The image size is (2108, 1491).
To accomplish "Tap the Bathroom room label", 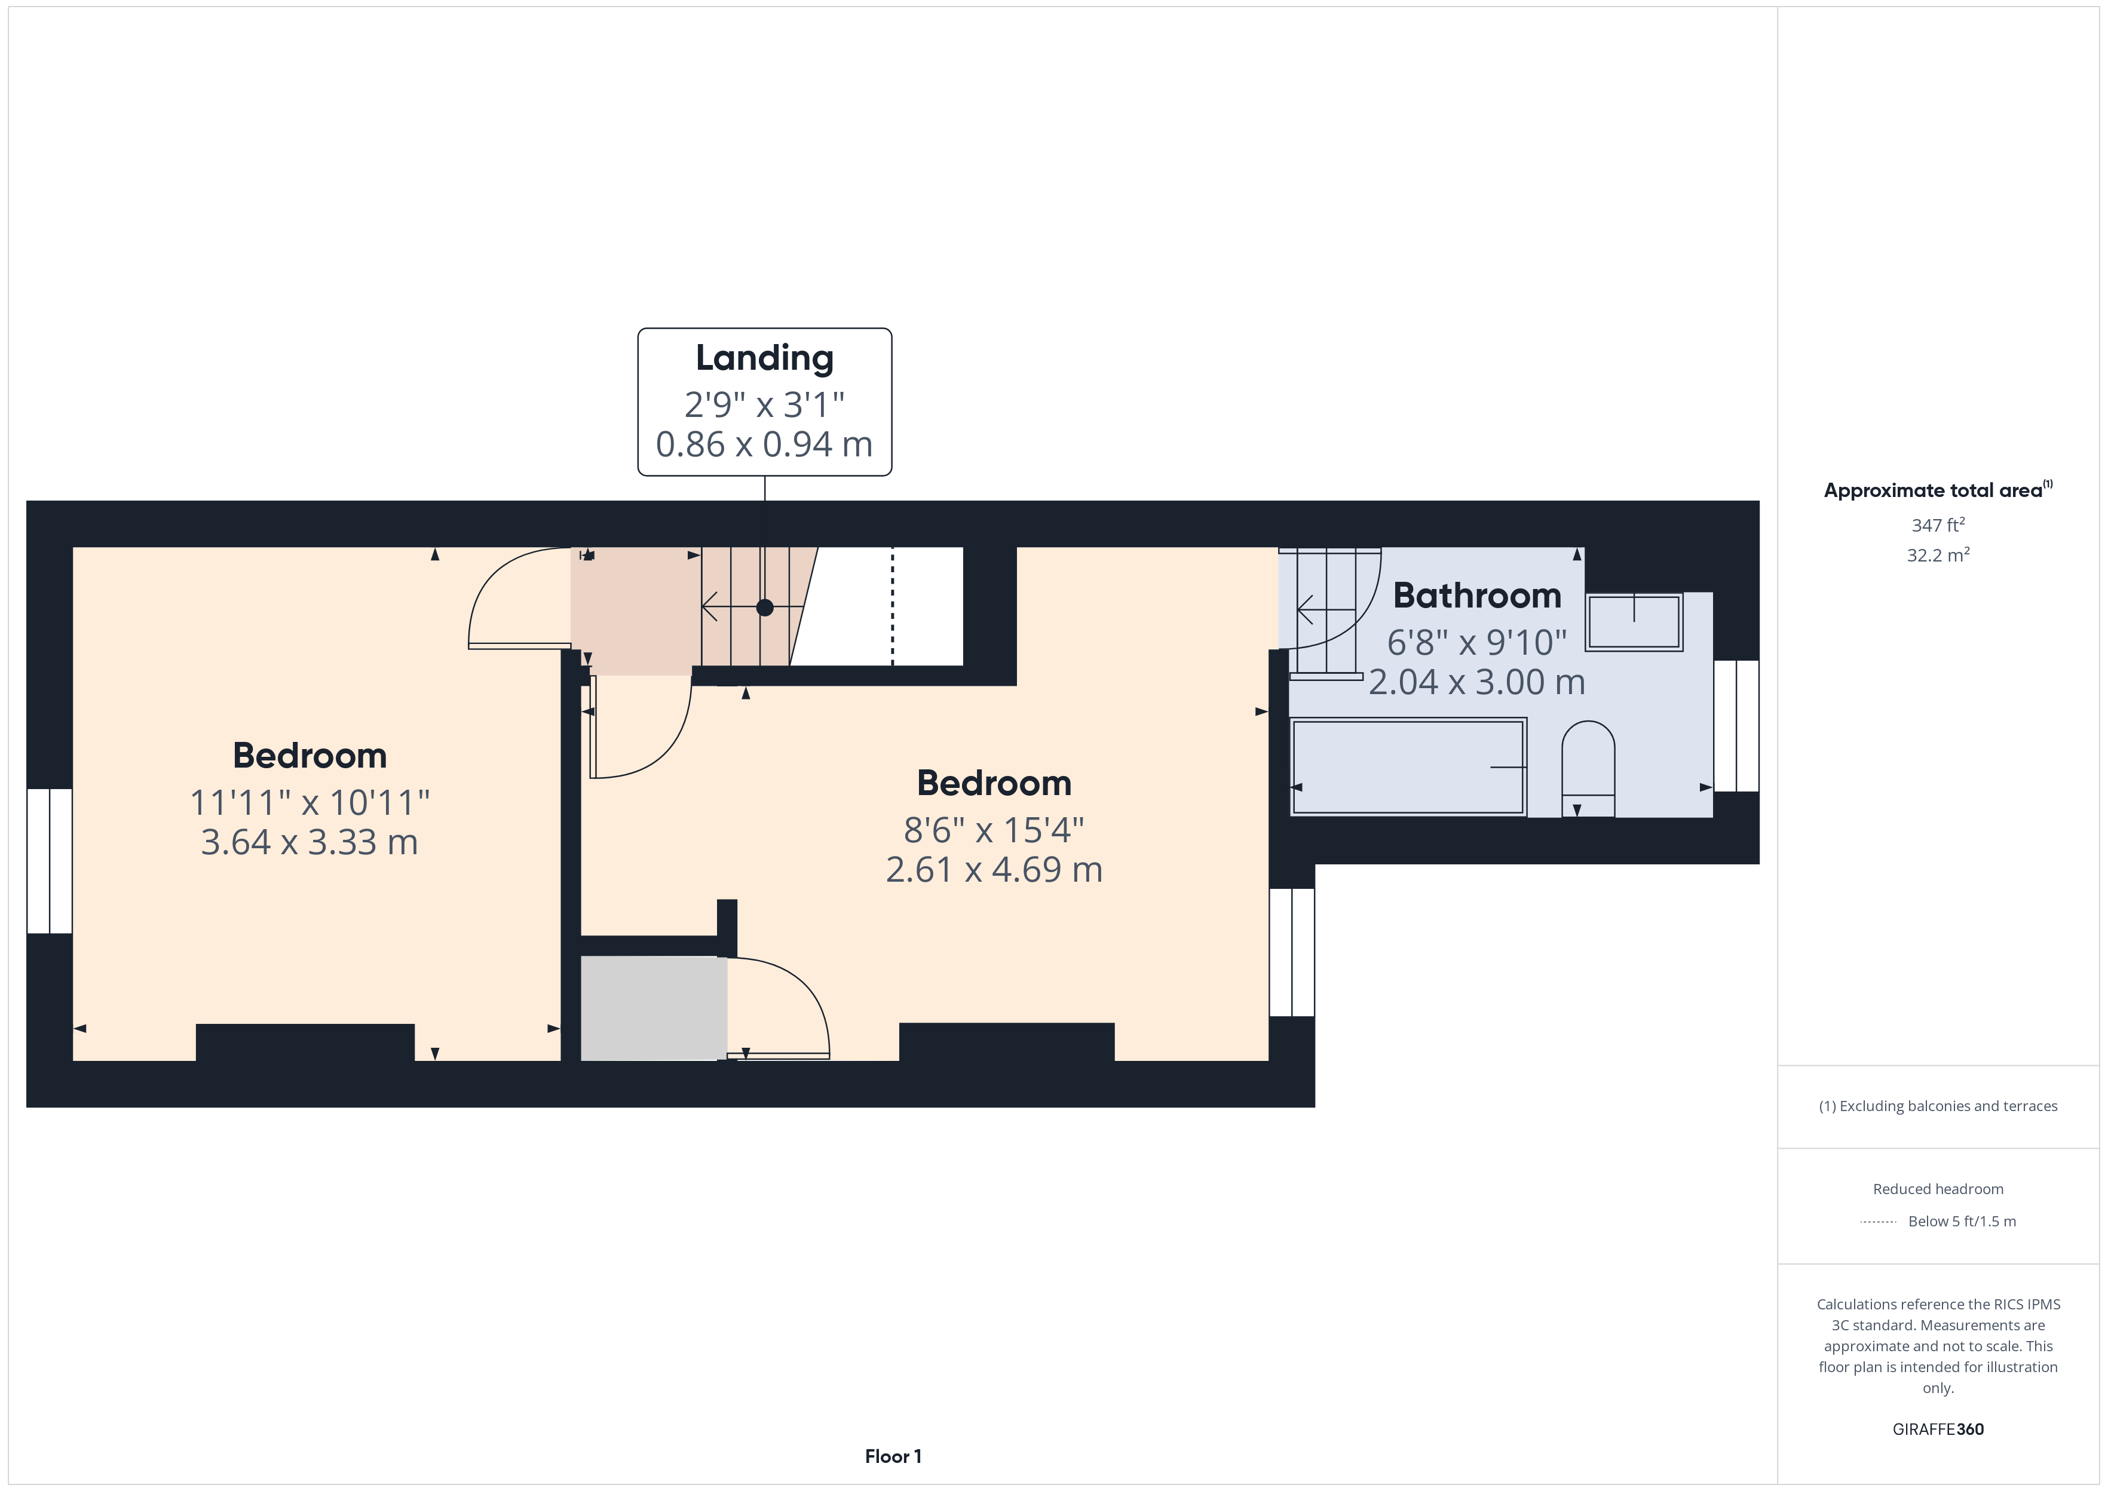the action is (1476, 596).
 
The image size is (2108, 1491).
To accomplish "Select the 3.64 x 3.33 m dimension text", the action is (310, 842).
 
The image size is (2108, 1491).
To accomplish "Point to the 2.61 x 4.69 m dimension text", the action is (994, 869).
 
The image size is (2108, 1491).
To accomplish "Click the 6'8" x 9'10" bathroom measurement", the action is (1476, 643).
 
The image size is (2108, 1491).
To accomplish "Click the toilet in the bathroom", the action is (1588, 768).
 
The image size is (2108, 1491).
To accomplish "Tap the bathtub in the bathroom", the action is (1408, 766).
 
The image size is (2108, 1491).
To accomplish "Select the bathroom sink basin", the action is (1634, 622).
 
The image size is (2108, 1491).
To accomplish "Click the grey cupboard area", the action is (654, 1008).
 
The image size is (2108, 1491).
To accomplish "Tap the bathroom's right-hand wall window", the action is (1736, 725).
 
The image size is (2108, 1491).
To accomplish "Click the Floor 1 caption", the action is (893, 1456).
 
